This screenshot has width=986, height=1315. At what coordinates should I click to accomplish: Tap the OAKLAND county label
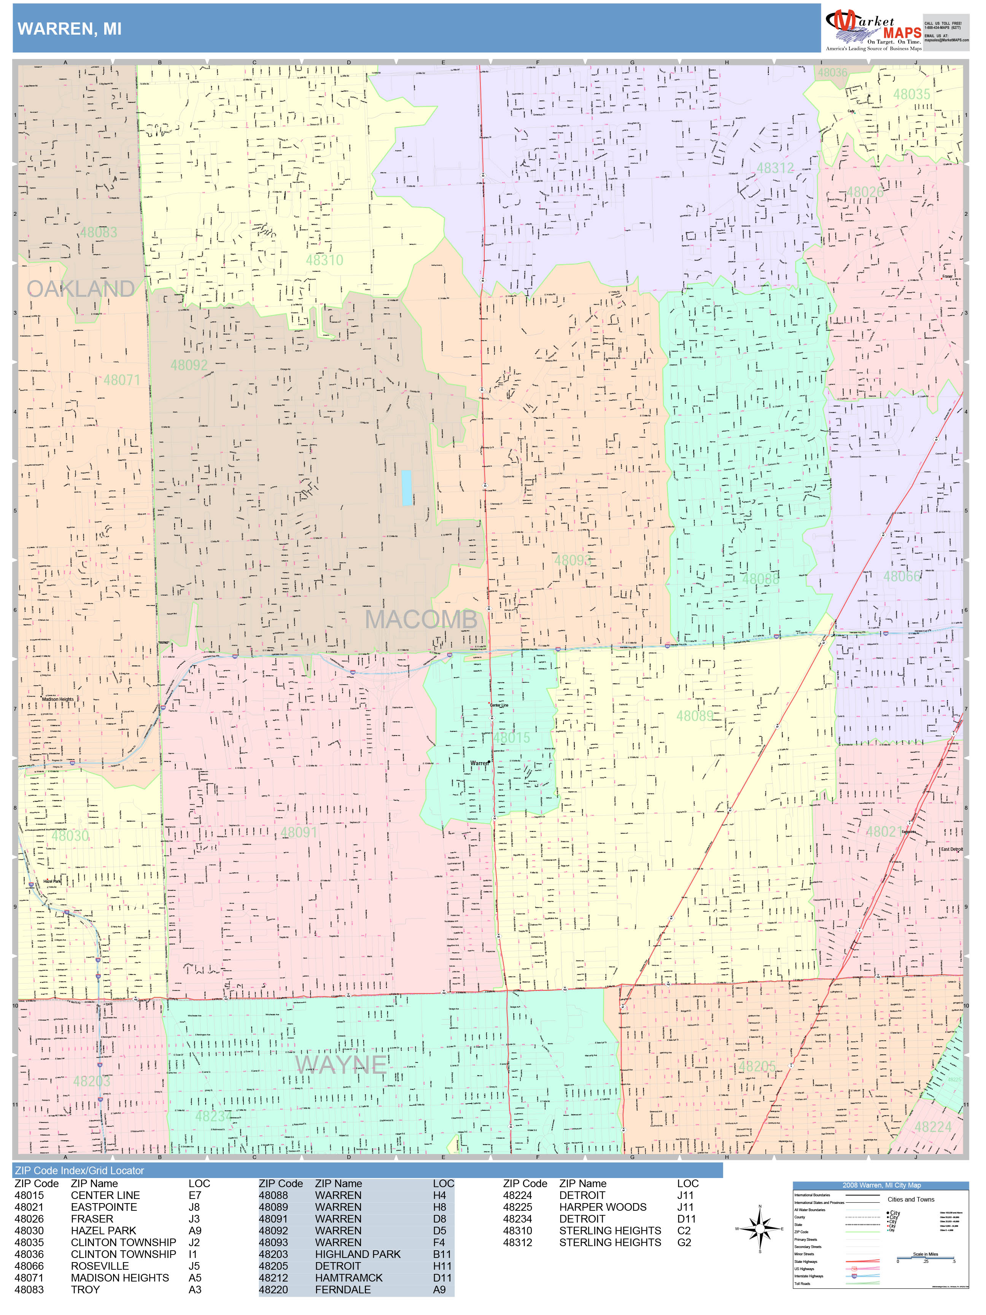(x=81, y=289)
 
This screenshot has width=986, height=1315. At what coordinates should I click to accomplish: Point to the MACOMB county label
(x=421, y=619)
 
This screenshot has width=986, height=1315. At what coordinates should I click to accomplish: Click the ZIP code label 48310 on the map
(x=324, y=260)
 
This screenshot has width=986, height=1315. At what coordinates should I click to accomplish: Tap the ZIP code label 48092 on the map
(x=189, y=365)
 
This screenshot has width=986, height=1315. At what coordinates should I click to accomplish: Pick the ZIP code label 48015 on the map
(x=511, y=738)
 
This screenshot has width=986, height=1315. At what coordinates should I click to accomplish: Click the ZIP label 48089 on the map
(x=694, y=716)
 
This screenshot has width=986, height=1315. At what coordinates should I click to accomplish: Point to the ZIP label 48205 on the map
(x=757, y=1067)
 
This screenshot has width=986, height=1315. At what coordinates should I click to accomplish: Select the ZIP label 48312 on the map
(x=775, y=168)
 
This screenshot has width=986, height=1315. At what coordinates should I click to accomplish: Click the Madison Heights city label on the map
(x=58, y=699)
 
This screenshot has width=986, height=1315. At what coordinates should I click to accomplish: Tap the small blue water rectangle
(x=407, y=488)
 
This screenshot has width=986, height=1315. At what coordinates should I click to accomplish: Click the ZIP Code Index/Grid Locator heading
(x=80, y=1170)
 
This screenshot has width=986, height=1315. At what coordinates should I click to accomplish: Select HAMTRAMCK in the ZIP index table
(x=349, y=1278)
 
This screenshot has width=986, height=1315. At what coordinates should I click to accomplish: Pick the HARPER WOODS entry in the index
(x=603, y=1207)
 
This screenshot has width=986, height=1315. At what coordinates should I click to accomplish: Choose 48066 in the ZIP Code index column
(x=29, y=1266)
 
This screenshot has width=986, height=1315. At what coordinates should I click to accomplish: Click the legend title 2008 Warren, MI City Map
(x=881, y=1185)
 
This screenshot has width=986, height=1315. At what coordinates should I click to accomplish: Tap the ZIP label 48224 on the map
(x=932, y=1127)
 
